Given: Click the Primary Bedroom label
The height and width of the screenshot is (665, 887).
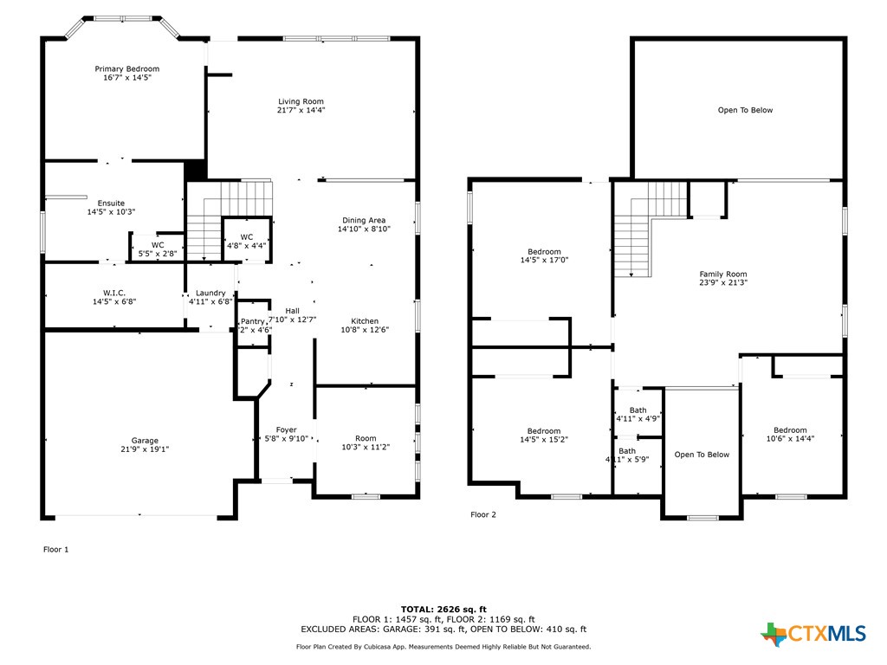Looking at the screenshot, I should pyautogui.click(x=126, y=69).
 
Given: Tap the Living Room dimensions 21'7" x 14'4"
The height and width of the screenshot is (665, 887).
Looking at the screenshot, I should pyautogui.click(x=301, y=111).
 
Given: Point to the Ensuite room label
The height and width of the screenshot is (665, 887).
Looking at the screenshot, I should pyautogui.click(x=111, y=203).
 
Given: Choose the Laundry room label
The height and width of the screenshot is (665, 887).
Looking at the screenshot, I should pyautogui.click(x=210, y=293).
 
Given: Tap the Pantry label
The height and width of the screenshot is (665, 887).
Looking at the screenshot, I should pyautogui.click(x=253, y=321).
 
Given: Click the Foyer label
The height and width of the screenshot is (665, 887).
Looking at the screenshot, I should pyautogui.click(x=286, y=430).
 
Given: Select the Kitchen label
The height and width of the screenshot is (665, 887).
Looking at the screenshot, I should pyautogui.click(x=365, y=321).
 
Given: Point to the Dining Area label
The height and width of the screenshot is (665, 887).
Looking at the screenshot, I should pyautogui.click(x=364, y=220).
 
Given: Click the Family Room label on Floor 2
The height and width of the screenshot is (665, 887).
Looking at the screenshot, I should pyautogui.click(x=722, y=274).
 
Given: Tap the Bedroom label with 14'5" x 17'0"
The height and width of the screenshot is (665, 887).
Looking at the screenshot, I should pyautogui.click(x=544, y=252).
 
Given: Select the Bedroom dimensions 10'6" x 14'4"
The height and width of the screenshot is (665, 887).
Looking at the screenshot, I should pyautogui.click(x=790, y=439).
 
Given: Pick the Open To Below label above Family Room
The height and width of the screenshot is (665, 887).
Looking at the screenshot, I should pyautogui.click(x=745, y=110).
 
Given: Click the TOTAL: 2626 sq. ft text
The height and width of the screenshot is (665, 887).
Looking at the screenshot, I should pyautogui.click(x=443, y=609).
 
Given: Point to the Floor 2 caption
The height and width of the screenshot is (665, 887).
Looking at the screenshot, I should pyautogui.click(x=483, y=514).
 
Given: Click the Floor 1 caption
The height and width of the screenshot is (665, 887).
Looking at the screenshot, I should pyautogui.click(x=55, y=549).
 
